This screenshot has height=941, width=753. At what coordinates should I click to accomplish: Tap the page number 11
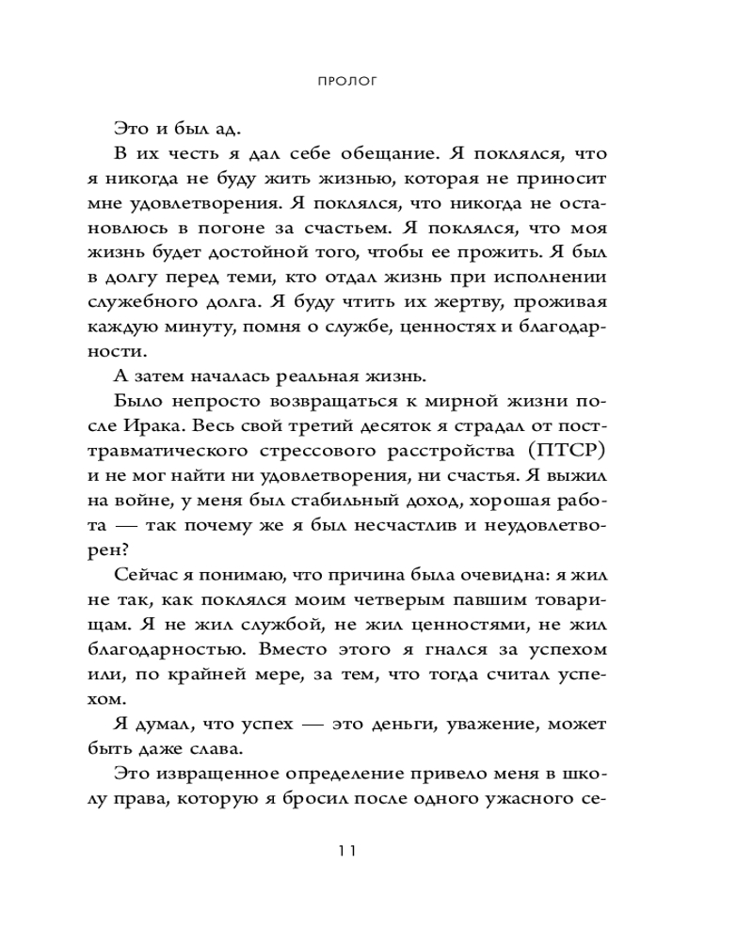click(346, 853)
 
